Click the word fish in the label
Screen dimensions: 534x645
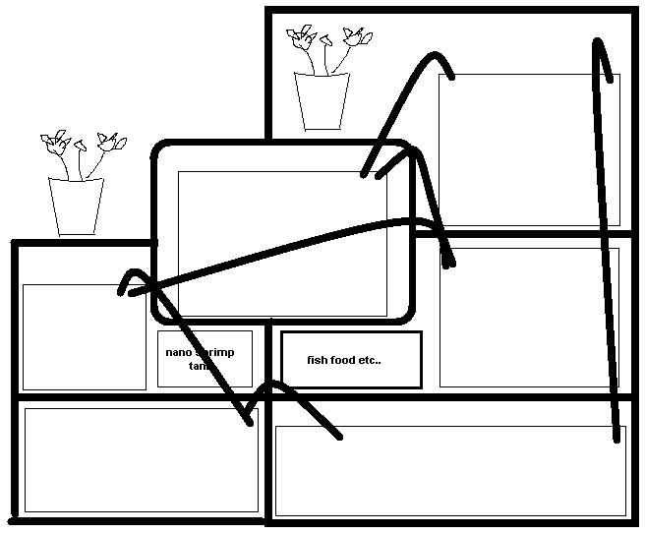click(x=317, y=361)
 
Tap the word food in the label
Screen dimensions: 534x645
click(x=342, y=361)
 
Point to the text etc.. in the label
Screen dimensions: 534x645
click(x=369, y=361)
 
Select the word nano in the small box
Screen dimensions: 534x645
click(x=178, y=351)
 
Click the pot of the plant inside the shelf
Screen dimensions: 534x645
click(x=322, y=101)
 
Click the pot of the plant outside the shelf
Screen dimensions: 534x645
click(x=76, y=206)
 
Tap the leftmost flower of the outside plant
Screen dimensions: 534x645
click(x=49, y=140)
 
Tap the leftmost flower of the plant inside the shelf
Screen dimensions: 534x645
click(x=299, y=38)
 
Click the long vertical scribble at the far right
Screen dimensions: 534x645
click(x=605, y=236)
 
